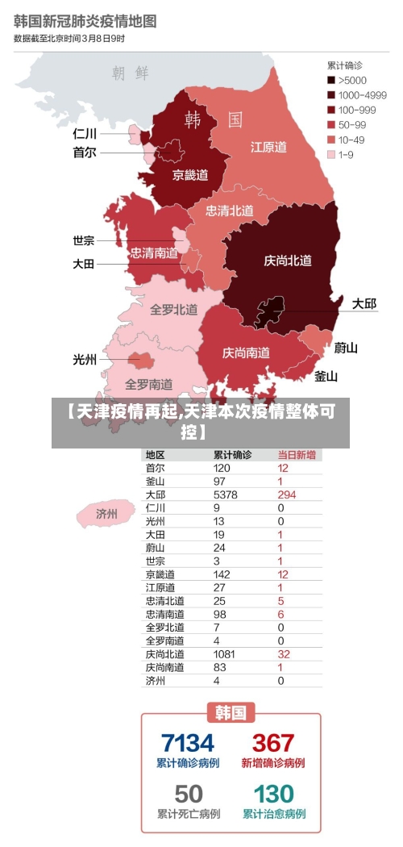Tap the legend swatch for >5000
pos(330,81)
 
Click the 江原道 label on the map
pos(268,147)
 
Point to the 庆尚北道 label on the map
pos(288,261)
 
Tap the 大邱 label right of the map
pos(364,304)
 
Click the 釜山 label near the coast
pos(326,376)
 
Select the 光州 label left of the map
pos(85,361)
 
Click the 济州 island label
pos(106,513)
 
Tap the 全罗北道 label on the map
pos(173,309)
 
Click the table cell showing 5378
pos(225,494)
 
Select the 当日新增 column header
pos(297,455)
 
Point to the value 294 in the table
pos(286,494)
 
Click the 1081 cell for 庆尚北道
pos(225,654)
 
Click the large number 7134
pos(188,742)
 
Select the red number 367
pos(273,742)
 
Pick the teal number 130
pos(274,794)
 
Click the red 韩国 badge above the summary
pos(231,713)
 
